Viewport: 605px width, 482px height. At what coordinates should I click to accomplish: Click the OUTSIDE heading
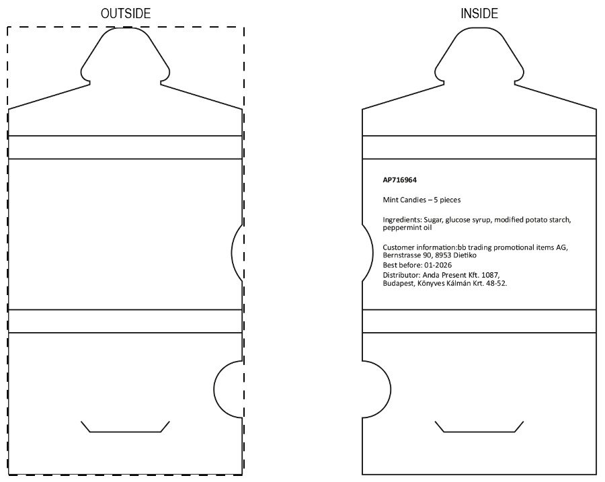pyautogui.click(x=126, y=13)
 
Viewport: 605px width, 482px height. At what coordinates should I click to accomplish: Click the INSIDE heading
pyautogui.click(x=479, y=13)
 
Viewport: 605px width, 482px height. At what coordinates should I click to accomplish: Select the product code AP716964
pyautogui.click(x=400, y=180)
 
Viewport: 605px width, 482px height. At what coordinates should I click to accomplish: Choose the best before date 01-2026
pyautogui.click(x=438, y=265)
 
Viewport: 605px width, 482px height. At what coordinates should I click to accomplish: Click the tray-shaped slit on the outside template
pyautogui.click(x=126, y=432)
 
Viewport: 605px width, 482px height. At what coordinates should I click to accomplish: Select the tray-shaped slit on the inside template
pyautogui.click(x=479, y=432)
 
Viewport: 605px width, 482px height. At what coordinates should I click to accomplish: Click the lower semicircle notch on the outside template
pyautogui.click(x=214, y=389)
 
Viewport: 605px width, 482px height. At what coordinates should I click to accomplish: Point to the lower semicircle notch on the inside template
pyautogui.click(x=391, y=389)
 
